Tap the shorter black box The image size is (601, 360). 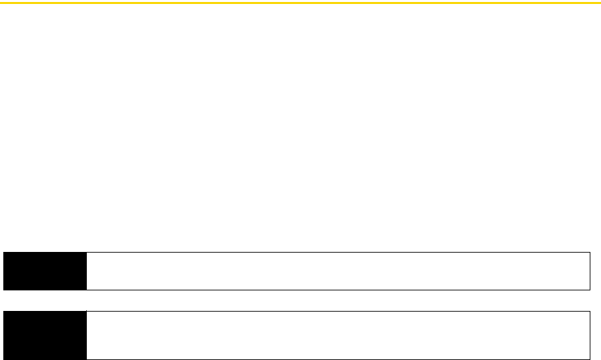44,270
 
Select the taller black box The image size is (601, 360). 44,335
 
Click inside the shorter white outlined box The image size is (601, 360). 338,270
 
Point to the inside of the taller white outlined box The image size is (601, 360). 338,335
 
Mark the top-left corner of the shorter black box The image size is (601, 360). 3,252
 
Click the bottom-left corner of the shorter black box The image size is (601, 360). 3,290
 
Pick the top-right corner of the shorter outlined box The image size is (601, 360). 590,252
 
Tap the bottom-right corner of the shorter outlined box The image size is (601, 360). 590,290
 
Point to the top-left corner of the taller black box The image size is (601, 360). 3,311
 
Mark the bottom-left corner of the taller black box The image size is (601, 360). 3,359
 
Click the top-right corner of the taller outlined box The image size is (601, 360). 590,311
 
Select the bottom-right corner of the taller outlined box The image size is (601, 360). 590,359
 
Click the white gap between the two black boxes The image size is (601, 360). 44,300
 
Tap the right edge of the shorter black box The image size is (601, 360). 86,270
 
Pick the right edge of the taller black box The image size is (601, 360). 86,335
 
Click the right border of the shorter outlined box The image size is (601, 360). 590,270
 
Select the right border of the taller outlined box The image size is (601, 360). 590,335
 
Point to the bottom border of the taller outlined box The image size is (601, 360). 338,359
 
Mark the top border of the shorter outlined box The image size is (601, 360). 338,252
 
